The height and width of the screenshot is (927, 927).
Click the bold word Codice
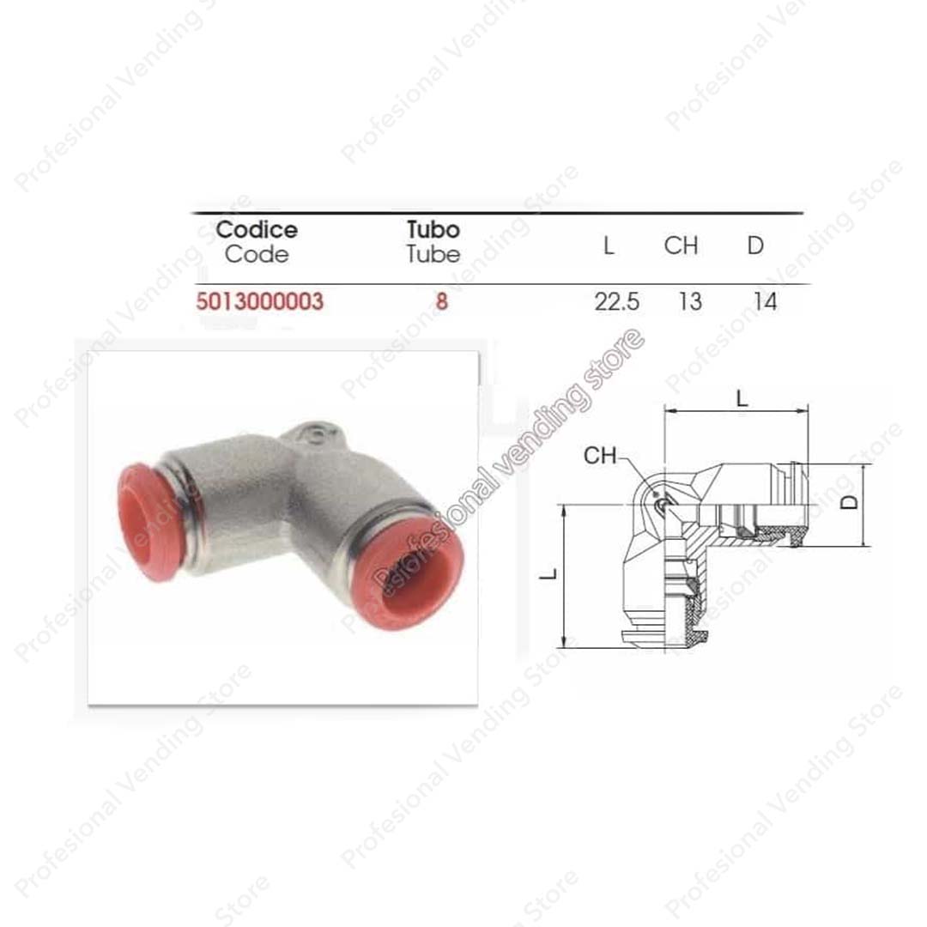pyautogui.click(x=257, y=229)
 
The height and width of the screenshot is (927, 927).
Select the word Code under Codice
pyautogui.click(x=257, y=254)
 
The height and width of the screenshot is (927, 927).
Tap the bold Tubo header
pyautogui.click(x=433, y=229)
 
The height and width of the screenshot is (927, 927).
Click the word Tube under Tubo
pyautogui.click(x=433, y=254)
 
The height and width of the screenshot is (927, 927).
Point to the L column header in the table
pyautogui.click(x=609, y=245)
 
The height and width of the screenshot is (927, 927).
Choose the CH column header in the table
pyautogui.click(x=681, y=245)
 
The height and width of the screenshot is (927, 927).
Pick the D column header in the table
pyautogui.click(x=755, y=245)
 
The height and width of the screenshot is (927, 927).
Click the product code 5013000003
pyautogui.click(x=260, y=301)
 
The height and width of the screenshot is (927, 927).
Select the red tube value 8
pyautogui.click(x=442, y=301)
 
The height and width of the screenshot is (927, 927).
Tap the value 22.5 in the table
pyautogui.click(x=616, y=302)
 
